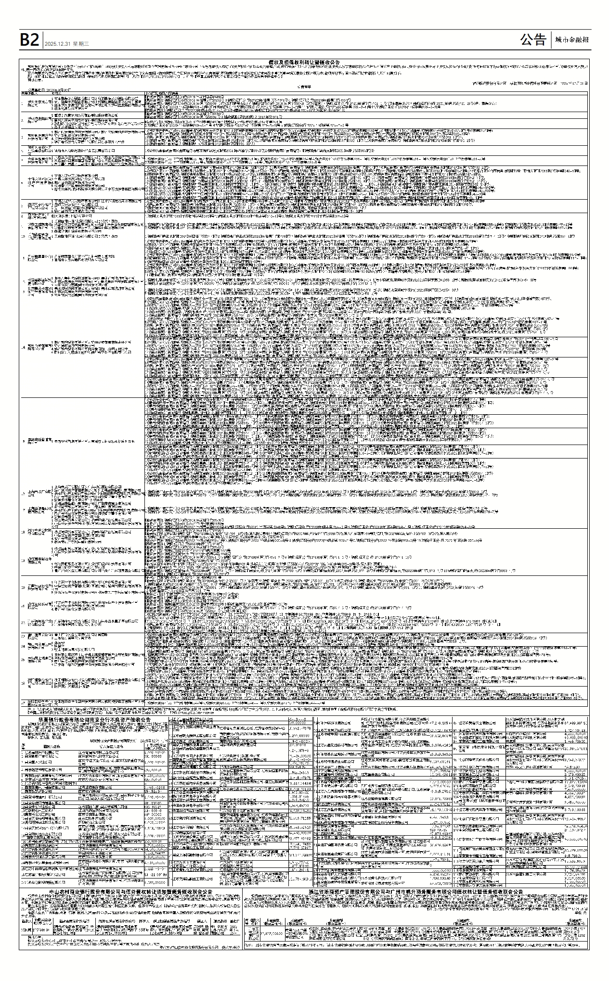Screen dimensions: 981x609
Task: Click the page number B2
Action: click(29, 40)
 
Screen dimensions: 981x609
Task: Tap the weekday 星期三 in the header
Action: click(81, 44)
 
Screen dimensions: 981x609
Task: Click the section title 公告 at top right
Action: click(533, 40)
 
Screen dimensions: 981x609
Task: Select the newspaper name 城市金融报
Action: click(571, 40)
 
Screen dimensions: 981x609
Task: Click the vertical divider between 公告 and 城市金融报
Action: click(551, 40)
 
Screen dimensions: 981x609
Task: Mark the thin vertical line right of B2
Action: click(43, 40)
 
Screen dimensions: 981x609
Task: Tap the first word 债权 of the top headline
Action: click(273, 63)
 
